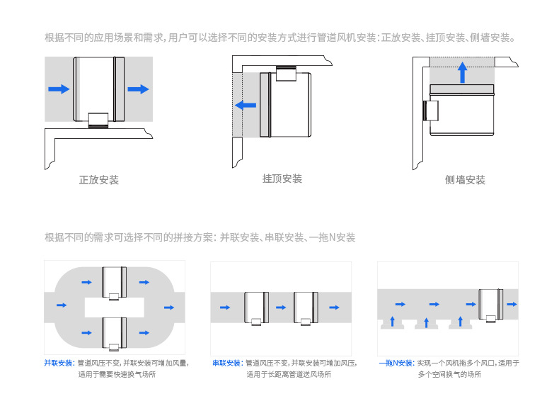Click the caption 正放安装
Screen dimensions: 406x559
99,180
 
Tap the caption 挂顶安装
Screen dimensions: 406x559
282,179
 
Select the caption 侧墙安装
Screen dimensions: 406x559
465,180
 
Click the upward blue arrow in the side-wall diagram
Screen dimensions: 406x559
462,72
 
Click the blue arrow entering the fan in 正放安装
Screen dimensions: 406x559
59,89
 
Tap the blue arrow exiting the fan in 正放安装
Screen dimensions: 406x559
139,89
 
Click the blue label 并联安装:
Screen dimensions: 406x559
59,363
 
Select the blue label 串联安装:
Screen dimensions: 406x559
227,363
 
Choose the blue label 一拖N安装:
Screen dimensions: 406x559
396,363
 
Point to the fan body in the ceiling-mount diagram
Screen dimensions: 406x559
287,105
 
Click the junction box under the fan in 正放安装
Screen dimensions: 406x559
98,120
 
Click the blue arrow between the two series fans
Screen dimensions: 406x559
281,308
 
